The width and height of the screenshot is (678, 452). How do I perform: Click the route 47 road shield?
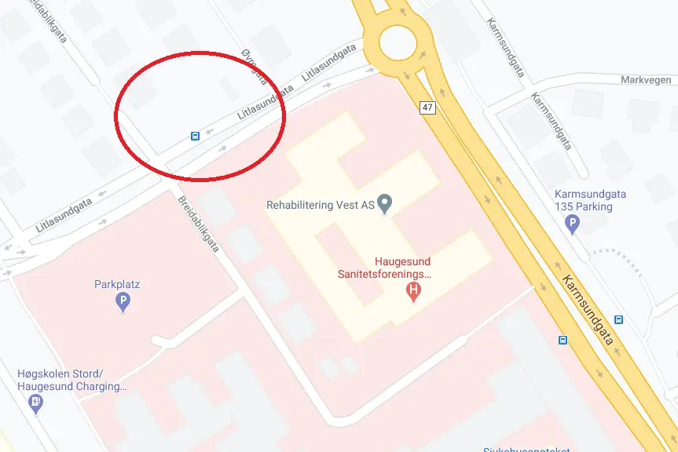pos(428,108)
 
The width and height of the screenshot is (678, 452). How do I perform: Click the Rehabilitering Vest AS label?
pos(320,206)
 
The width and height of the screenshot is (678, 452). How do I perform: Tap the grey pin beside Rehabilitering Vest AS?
pos(384,204)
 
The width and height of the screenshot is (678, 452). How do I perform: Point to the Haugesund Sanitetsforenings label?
pos(384,268)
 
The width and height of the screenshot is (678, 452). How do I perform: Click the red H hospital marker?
pos(412,293)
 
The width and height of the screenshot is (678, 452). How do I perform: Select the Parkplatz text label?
pos(117,284)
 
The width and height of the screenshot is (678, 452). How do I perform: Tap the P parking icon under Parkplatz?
pos(123,301)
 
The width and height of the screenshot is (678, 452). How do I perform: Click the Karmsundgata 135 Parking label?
pos(584,201)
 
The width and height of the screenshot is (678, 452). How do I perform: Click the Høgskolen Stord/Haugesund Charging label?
pos(71,380)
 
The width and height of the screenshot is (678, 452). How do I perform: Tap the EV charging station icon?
pos(35,403)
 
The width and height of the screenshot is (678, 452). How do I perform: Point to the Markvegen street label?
pos(646,80)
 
